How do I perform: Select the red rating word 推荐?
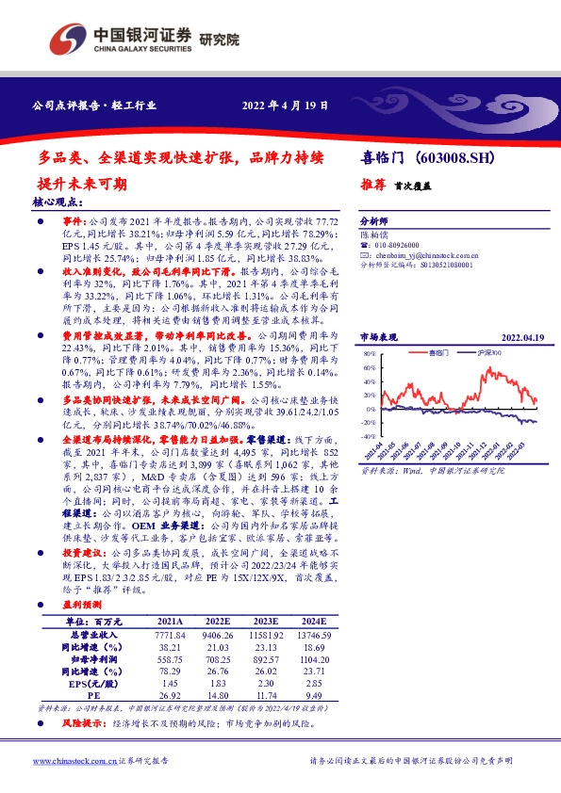[x=371, y=186]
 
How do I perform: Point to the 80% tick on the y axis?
[x=369, y=355]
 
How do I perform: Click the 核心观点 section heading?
[x=58, y=202]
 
